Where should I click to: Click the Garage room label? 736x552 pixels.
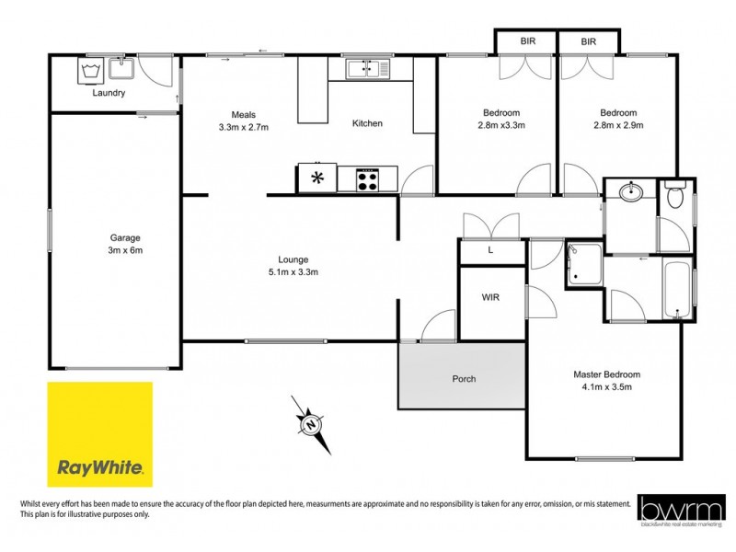(x=125, y=236)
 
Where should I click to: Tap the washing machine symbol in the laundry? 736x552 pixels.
(x=90, y=70)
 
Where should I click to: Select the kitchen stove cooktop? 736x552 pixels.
(x=367, y=178)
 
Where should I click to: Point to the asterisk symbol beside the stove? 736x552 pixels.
(x=318, y=178)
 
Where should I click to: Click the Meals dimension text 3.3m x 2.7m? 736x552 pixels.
(x=243, y=127)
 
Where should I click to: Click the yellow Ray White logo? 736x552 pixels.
(x=99, y=434)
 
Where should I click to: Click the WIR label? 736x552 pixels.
(x=490, y=298)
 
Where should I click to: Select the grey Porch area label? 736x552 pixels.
(x=463, y=379)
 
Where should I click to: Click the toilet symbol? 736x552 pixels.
(x=675, y=196)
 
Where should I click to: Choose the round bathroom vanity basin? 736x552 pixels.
(x=631, y=193)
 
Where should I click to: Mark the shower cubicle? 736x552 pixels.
(x=583, y=264)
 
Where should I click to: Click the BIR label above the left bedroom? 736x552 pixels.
(x=526, y=41)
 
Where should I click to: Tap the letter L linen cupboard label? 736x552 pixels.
(x=490, y=250)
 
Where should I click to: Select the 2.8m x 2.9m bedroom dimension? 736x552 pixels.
(x=617, y=125)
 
